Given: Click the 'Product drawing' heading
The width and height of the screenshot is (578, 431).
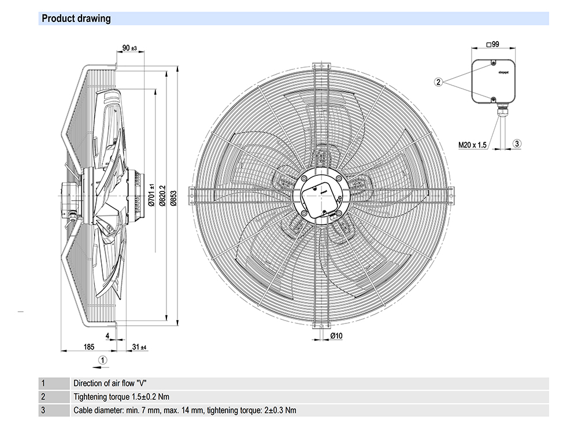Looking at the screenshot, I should pyautogui.click(x=76, y=19).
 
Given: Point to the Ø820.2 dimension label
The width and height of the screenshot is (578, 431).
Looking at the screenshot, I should pyautogui.click(x=162, y=197).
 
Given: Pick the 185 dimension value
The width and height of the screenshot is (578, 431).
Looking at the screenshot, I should pyautogui.click(x=88, y=347).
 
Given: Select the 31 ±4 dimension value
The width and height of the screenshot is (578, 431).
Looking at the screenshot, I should pyautogui.click(x=139, y=347).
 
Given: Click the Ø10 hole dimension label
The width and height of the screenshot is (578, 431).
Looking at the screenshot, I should pyautogui.click(x=336, y=336).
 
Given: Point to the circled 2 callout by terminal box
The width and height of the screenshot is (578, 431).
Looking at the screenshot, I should pyautogui.click(x=439, y=82).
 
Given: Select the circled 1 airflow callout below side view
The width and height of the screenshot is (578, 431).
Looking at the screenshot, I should pyautogui.click(x=102, y=359).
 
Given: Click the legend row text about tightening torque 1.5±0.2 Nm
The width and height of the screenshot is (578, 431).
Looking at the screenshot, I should pyautogui.click(x=121, y=397).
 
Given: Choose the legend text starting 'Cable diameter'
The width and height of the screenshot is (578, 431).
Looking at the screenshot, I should pyautogui.click(x=184, y=411).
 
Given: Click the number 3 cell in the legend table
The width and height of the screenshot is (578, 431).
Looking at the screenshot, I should pyautogui.click(x=43, y=411).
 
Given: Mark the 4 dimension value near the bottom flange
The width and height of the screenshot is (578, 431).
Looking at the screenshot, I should pyautogui.click(x=108, y=336).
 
